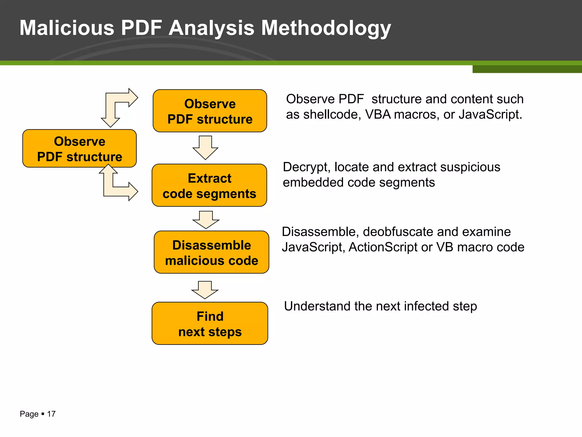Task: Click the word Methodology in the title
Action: click(x=326, y=28)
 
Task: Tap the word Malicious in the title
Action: click(x=67, y=28)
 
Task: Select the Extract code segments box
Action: click(x=209, y=185)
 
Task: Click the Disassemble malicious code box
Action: click(x=211, y=252)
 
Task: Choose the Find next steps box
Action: click(x=210, y=323)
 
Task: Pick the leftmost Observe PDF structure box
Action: click(x=80, y=149)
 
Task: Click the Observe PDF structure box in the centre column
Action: click(x=210, y=111)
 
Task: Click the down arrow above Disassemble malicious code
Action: click(x=206, y=220)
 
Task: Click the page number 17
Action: click(x=51, y=414)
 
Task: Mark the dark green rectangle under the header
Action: click(x=527, y=69)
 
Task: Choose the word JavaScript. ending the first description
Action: click(x=490, y=115)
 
